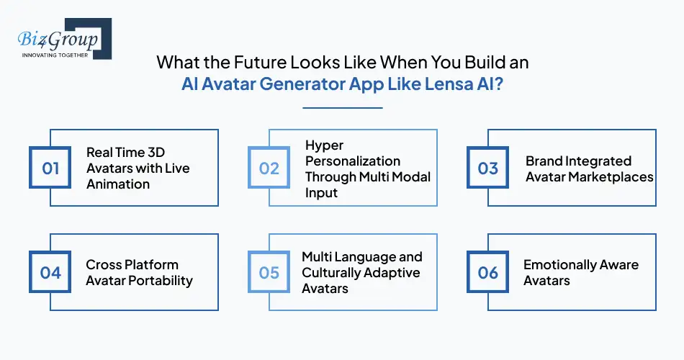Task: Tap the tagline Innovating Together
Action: coord(55,55)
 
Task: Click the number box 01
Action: coord(50,168)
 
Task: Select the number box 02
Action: coord(269,168)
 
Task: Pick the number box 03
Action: coord(488,168)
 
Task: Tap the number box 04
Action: coord(50,273)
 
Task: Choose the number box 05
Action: coord(269,273)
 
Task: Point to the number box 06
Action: coord(488,273)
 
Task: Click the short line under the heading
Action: coord(342,108)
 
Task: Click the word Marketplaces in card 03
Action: coord(613,176)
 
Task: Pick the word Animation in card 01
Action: coord(118,184)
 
